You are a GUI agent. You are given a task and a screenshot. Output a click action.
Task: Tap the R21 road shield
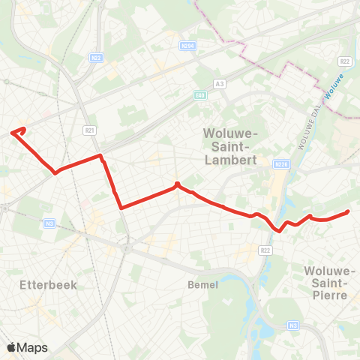pos(91,130)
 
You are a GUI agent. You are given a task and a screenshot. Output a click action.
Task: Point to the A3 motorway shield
pos(220,83)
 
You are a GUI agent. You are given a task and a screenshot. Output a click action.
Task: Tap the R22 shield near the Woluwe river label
pos(344,61)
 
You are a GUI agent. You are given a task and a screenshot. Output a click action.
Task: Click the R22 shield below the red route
pos(265,250)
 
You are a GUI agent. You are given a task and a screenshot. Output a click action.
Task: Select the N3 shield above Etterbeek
pos(49,223)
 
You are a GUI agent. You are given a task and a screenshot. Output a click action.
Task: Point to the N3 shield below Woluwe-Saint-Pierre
pos(294,325)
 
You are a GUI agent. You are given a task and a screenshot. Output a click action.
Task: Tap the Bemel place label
pos(202,285)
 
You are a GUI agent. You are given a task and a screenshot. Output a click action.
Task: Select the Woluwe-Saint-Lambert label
pos(230,146)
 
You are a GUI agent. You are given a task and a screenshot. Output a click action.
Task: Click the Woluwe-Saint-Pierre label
pos(331,282)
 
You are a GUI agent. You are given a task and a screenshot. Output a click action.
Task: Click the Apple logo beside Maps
pos(12,347)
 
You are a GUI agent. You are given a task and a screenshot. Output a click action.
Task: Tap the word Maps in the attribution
pos(33,347)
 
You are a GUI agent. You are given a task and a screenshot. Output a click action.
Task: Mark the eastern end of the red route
pos(348,212)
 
